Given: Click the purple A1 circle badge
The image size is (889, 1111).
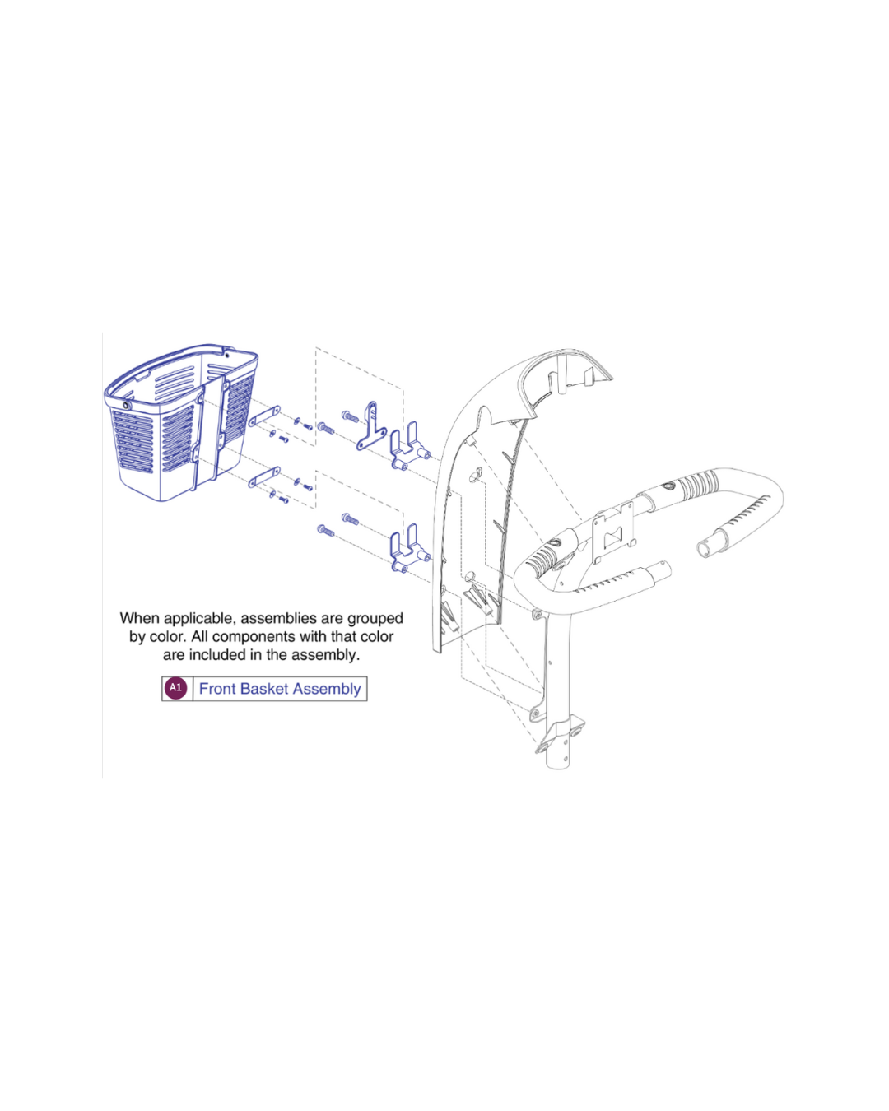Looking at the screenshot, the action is pyautogui.click(x=175, y=688).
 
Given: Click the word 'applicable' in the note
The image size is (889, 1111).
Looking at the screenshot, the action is pyautogui.click(x=206, y=619).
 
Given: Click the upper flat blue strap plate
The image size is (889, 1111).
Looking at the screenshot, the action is pyautogui.click(x=264, y=416).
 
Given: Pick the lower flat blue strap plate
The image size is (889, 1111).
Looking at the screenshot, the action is pyautogui.click(x=264, y=476).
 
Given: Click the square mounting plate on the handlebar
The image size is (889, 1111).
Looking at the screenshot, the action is pyautogui.click(x=614, y=531).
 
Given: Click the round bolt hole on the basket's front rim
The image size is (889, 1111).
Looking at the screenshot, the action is pyautogui.click(x=126, y=406).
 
